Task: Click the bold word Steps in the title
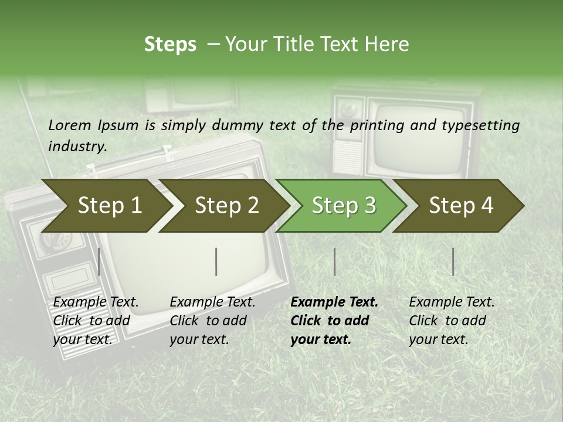(x=170, y=45)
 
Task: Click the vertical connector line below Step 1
(x=99, y=261)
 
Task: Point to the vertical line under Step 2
(x=216, y=261)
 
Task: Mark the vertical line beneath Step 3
(x=334, y=261)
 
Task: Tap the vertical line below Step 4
(x=453, y=261)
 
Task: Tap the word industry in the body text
(x=77, y=146)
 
